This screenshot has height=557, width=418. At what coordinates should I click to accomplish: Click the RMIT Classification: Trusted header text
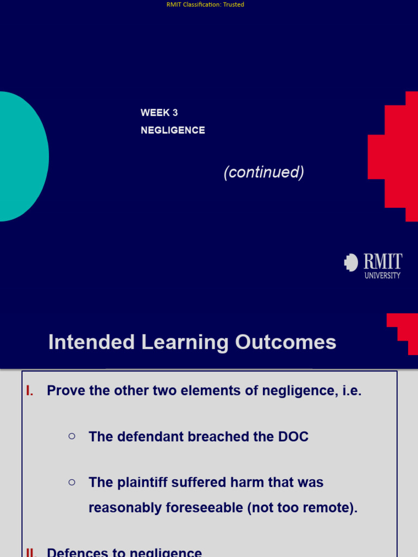[x=205, y=4]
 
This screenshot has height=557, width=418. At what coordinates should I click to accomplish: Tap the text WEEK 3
[x=159, y=113]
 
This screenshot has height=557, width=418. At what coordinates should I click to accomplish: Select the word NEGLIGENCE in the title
[x=173, y=131]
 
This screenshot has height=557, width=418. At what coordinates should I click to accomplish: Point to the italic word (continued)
[x=263, y=172]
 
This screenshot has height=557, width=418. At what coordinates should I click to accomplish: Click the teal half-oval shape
[x=22, y=157]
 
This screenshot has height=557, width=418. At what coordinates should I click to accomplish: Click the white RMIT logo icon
[x=351, y=263]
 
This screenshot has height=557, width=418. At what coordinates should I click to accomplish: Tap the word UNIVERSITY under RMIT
[x=382, y=276]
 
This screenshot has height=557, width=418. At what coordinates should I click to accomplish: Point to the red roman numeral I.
[x=30, y=391]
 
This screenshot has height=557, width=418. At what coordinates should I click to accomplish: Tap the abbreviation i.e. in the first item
[x=349, y=391]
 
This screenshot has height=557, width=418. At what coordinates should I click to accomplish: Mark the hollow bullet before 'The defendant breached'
[x=72, y=436]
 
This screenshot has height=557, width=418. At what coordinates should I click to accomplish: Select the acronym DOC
[x=292, y=437]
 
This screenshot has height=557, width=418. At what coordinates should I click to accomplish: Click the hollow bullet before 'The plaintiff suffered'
[x=72, y=481]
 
